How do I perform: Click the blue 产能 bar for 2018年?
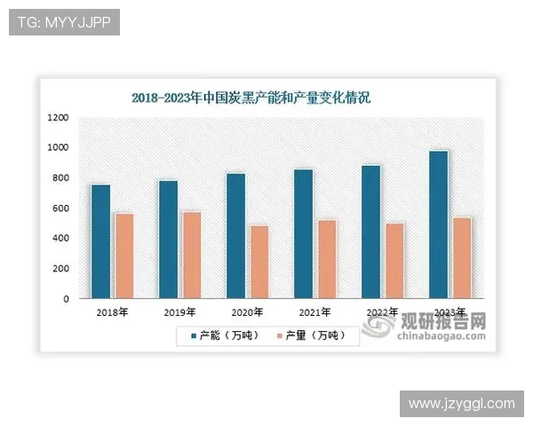(100, 241)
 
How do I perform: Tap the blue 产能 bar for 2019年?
(168, 240)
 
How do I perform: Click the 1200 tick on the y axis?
(58, 117)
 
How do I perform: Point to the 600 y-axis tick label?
(60, 209)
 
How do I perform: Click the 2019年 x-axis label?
(179, 312)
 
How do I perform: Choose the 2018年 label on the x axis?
(112, 312)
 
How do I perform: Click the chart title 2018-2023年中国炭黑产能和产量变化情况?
(251, 98)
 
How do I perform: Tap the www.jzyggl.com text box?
(461, 404)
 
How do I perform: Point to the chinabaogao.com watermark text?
(441, 336)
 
